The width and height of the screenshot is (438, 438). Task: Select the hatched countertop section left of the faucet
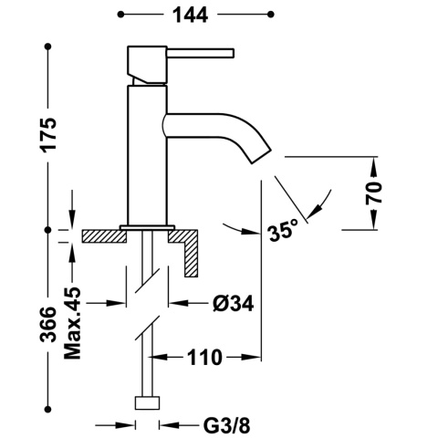click(x=101, y=236)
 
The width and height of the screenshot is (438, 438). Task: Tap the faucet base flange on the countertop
click(x=146, y=226)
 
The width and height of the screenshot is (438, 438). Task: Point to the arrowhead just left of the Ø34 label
click(x=175, y=302)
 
